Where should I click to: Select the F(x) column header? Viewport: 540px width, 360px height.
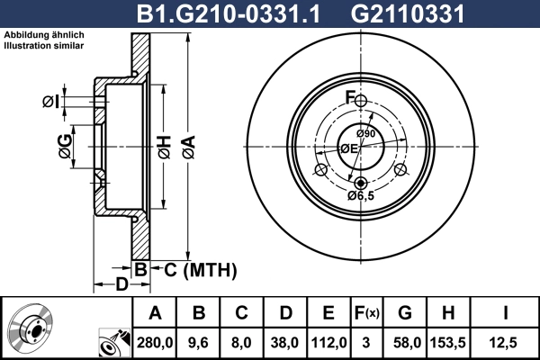(x=366, y=313)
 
